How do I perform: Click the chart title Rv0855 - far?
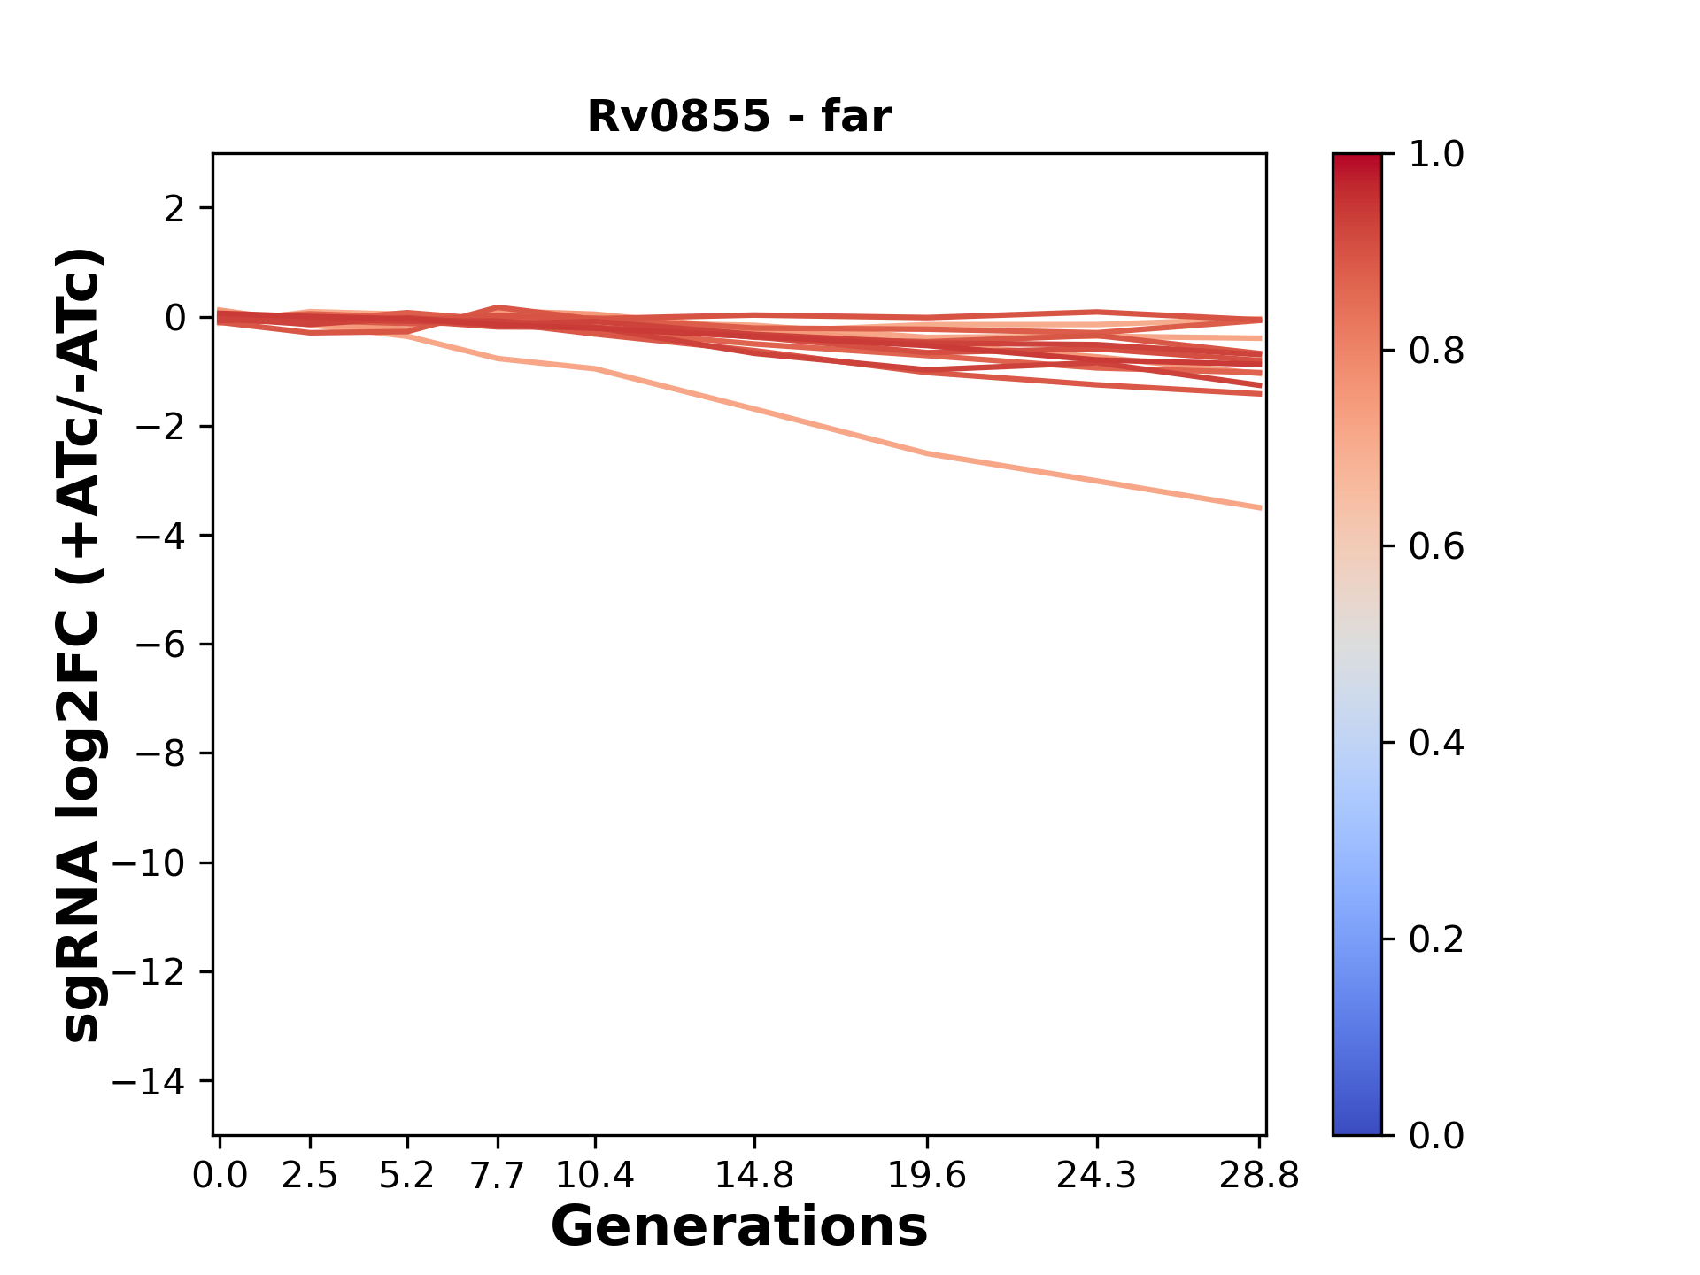tap(739, 117)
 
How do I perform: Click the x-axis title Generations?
tap(739, 1227)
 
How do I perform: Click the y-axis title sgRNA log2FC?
tap(81, 644)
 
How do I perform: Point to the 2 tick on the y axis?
tap(174, 209)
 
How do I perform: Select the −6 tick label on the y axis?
tap(160, 645)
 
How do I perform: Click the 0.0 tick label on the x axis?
tap(220, 1176)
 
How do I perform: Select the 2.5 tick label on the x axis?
tap(310, 1176)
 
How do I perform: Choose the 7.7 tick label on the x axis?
tap(498, 1176)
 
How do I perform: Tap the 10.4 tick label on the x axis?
tap(595, 1176)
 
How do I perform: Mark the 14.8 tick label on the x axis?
tap(754, 1176)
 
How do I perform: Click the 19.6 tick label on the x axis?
tap(927, 1176)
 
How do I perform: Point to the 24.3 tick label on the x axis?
tap(1097, 1176)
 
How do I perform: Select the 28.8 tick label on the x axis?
tap(1259, 1176)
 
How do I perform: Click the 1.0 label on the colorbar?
tap(1436, 155)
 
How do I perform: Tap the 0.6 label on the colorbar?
tap(1436, 547)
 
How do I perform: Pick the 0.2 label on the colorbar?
tap(1436, 939)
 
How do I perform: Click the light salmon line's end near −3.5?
tap(1259, 507)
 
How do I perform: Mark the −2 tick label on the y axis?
tap(160, 427)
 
